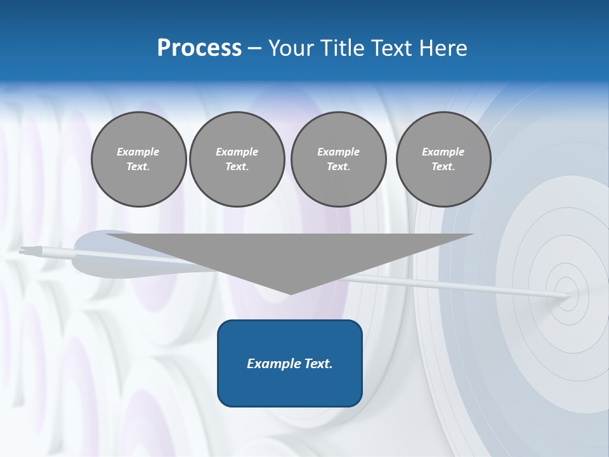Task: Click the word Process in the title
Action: [199, 48]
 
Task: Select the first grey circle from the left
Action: [138, 159]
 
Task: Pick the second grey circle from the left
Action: [237, 159]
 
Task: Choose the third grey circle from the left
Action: [338, 159]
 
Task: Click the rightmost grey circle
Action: [443, 159]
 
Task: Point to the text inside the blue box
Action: [290, 364]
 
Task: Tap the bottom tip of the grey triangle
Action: [291, 294]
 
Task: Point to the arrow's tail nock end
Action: [22, 251]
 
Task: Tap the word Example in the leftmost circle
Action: [138, 152]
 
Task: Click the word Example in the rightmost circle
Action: [443, 152]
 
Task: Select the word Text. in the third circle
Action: [338, 167]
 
